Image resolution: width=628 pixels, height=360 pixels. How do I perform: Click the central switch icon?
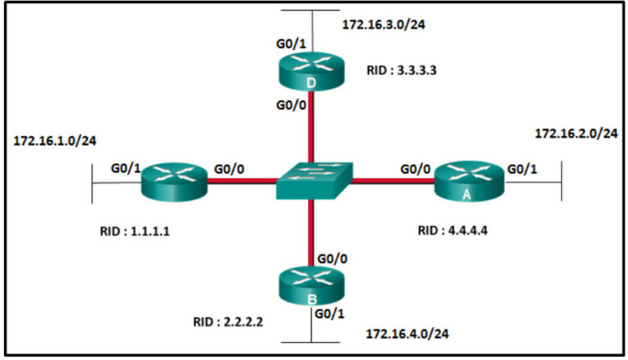pos(312,181)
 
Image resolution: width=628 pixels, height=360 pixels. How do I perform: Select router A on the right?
pos(469,181)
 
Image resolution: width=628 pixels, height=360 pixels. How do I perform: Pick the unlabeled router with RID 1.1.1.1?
pos(175,181)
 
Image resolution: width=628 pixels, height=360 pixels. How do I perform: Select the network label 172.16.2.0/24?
pos(576,133)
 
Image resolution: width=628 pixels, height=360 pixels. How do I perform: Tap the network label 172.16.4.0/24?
pos(407,334)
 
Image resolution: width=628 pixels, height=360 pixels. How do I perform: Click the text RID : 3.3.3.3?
pos(401,71)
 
